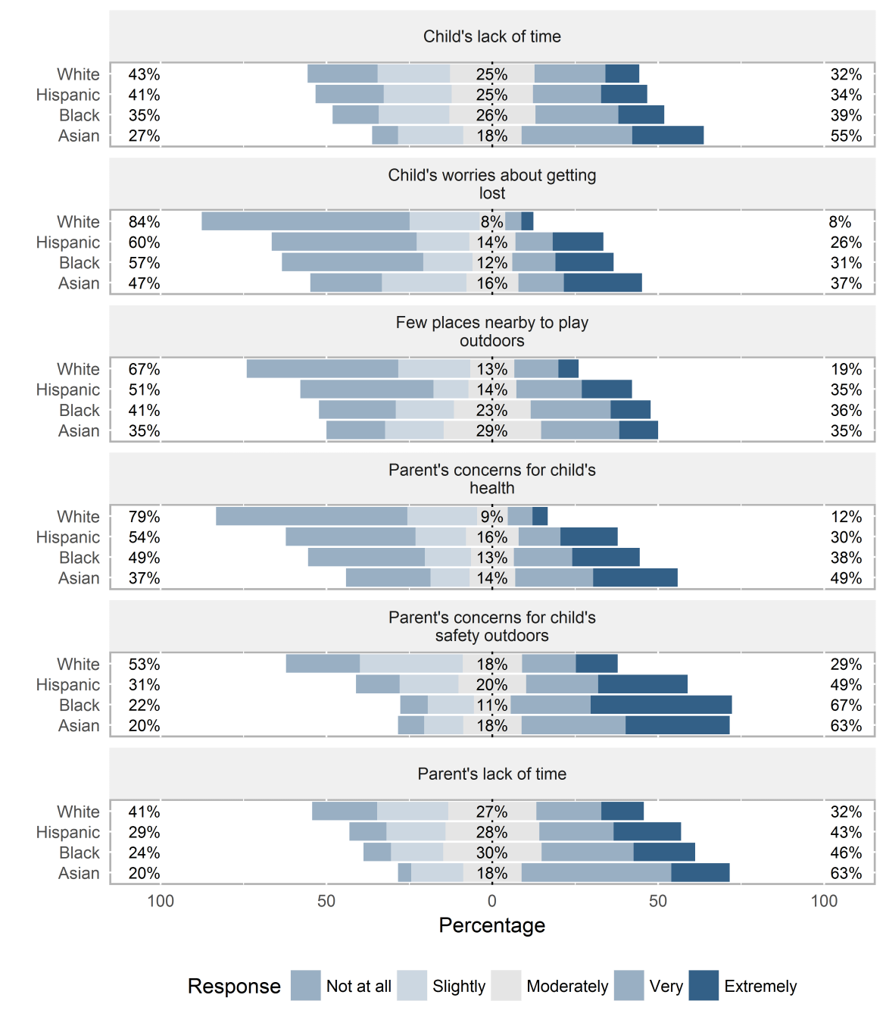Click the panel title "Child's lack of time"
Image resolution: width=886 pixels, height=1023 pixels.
pos(491,36)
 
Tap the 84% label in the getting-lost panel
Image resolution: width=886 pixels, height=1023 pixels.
pos(144,222)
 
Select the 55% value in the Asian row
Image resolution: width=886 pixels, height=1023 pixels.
pos(846,136)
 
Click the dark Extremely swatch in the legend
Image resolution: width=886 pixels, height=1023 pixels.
pos(703,985)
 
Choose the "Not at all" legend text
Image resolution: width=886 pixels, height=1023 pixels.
pos(358,986)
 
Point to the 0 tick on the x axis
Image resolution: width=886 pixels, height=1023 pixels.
pos(491,901)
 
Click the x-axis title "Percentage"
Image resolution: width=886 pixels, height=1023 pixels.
pos(491,925)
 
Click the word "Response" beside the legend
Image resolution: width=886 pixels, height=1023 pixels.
pos(234,986)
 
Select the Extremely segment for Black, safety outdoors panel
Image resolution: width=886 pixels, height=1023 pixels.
pos(661,705)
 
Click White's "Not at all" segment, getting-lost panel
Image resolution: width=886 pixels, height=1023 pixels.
pos(305,221)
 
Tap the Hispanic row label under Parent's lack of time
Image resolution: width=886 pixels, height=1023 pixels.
pos(68,832)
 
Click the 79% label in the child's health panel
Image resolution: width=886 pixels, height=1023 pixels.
pos(144,517)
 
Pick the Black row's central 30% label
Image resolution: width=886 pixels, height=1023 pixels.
pos(491,852)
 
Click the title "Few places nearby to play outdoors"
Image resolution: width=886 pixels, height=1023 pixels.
pos(491,331)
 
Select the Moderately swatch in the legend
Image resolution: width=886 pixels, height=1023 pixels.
pos(506,985)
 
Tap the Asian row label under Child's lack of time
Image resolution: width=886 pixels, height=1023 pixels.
pos(79,136)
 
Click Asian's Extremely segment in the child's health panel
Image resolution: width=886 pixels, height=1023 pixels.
pos(635,577)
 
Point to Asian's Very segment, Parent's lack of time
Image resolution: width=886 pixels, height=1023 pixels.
pos(596,872)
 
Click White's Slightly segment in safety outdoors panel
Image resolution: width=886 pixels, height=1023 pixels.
pos(411,664)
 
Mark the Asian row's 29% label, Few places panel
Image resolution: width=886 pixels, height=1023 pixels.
pos(491,430)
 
